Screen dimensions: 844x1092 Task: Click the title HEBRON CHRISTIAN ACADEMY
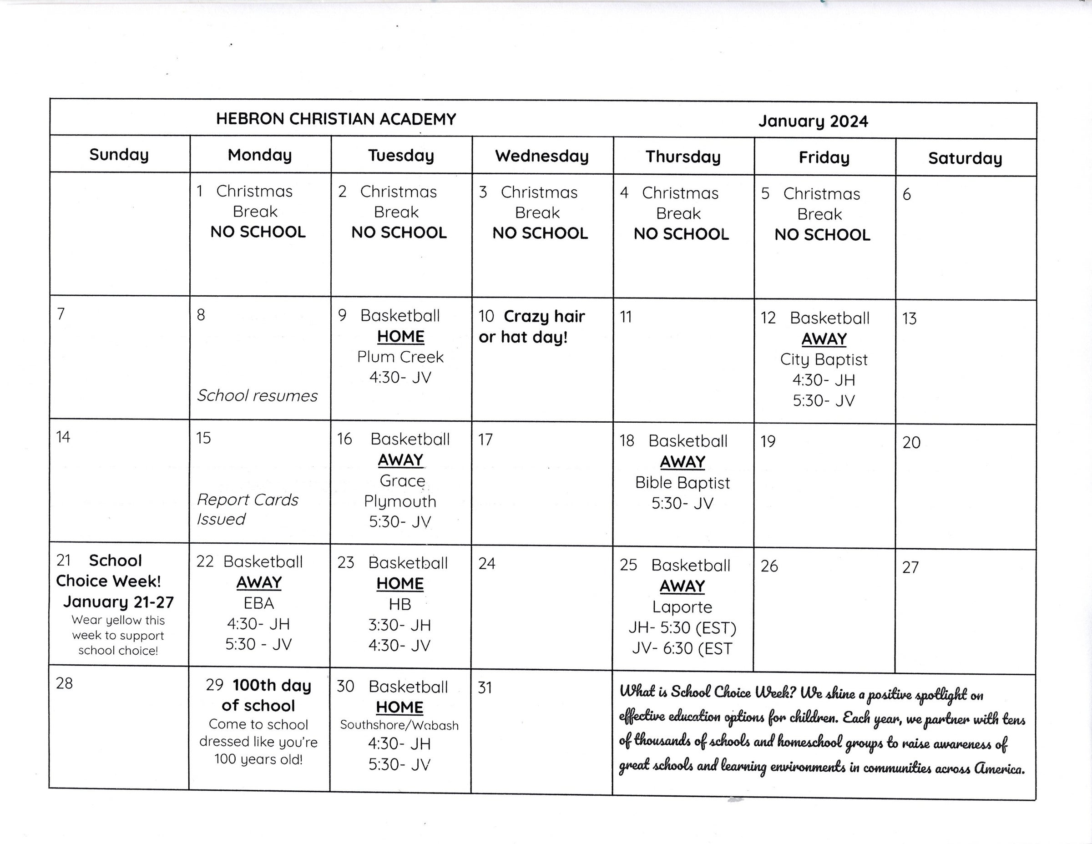(x=336, y=119)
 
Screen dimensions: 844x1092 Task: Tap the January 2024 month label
(x=813, y=121)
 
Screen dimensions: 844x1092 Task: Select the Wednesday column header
(x=542, y=156)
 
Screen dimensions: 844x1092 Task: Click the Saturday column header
(x=965, y=158)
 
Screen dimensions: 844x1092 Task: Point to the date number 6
(x=906, y=194)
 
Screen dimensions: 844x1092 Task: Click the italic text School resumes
(x=257, y=396)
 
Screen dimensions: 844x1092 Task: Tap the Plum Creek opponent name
(x=400, y=357)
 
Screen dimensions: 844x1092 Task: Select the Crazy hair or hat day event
(x=531, y=327)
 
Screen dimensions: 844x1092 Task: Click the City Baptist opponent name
(x=824, y=359)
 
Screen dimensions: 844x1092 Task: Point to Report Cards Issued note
(x=247, y=509)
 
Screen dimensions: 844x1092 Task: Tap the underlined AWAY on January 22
(x=259, y=582)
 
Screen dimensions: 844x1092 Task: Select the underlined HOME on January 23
(x=400, y=583)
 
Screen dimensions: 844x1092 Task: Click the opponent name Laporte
(x=682, y=607)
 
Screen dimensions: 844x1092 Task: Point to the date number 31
(x=485, y=688)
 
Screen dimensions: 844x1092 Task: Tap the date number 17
(x=485, y=440)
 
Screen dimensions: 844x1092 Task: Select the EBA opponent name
(x=258, y=603)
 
